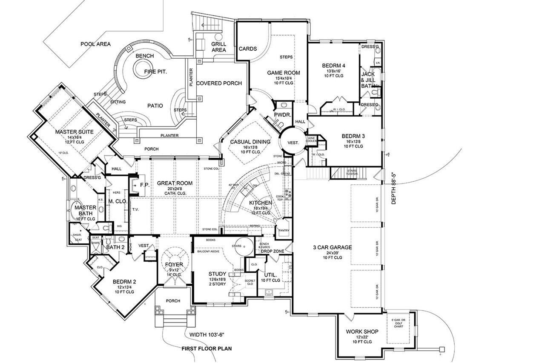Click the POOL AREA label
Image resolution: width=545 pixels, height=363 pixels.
[96, 44]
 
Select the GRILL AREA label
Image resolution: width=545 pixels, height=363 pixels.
[218, 47]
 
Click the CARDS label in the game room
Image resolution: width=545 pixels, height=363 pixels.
[247, 49]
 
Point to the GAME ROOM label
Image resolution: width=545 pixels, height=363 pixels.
[283, 73]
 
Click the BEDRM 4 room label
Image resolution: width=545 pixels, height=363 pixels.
[334, 66]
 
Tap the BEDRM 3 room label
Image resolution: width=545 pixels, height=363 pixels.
[353, 137]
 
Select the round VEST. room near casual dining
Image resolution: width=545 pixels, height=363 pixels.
[293, 142]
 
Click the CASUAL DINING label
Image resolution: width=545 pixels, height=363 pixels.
[250, 142]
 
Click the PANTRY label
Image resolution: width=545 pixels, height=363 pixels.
[284, 231]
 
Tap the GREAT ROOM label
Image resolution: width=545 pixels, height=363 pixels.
[175, 183]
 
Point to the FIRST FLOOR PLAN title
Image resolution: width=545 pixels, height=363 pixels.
[206, 349]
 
